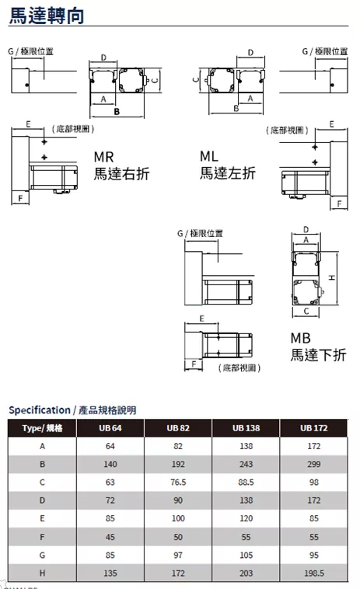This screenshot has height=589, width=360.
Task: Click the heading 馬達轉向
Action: (x=46, y=16)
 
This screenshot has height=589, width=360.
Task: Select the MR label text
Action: (x=103, y=157)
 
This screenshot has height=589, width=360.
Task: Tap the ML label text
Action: (x=209, y=156)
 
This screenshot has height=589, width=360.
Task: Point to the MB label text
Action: (x=301, y=338)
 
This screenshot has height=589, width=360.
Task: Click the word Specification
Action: (x=40, y=410)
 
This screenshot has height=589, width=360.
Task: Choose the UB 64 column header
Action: (x=110, y=428)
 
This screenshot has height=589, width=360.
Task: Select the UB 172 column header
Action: (x=314, y=428)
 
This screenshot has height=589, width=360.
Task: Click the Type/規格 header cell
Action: (x=42, y=428)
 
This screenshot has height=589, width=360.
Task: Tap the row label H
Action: (x=42, y=573)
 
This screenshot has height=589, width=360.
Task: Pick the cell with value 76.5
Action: (x=178, y=482)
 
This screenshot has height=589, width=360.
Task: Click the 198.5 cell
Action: (x=314, y=573)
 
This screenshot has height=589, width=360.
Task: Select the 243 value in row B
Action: (x=246, y=464)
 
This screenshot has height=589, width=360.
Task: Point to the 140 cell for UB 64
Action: (x=110, y=464)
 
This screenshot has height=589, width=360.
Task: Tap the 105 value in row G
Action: (x=246, y=555)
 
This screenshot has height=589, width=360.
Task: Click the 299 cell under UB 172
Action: (x=314, y=464)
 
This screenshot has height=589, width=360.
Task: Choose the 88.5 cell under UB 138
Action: (x=246, y=482)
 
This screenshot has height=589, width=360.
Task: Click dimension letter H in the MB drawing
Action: (x=332, y=277)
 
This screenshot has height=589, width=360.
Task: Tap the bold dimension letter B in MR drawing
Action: (x=117, y=112)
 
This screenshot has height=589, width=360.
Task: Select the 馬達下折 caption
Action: (x=318, y=355)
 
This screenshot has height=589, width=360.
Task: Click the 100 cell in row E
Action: (x=178, y=518)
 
